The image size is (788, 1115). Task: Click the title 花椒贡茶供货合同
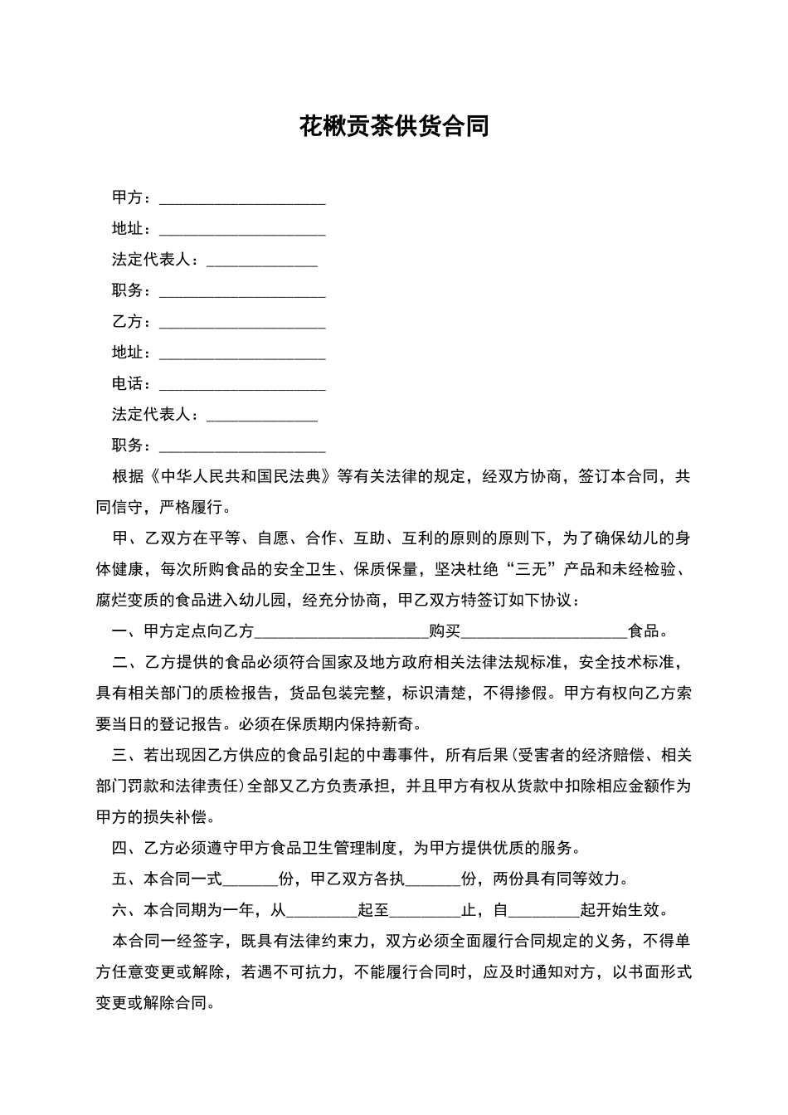pos(394,126)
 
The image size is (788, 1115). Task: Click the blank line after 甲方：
pos(242,199)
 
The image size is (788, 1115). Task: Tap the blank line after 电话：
pos(242,385)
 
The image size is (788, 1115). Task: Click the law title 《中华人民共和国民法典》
pos(241,477)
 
